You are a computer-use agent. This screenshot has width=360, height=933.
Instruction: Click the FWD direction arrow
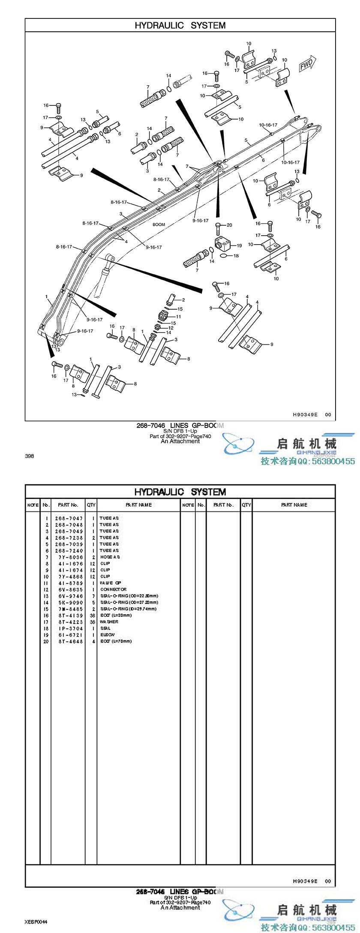[x=307, y=65]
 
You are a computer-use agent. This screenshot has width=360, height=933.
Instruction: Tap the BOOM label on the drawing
[x=159, y=224]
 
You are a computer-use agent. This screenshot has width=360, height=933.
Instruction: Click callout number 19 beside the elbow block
[x=239, y=246]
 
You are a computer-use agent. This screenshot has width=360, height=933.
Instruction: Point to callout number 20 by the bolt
[x=229, y=225]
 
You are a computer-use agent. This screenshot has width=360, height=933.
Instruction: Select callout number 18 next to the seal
[x=236, y=256]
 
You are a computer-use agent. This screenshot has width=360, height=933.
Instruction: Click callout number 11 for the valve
[x=178, y=317]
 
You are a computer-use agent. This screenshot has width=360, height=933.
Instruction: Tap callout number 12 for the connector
[x=171, y=328]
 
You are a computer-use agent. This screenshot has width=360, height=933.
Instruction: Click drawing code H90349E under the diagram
[x=305, y=415]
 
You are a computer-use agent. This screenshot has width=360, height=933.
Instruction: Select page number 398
[x=29, y=456]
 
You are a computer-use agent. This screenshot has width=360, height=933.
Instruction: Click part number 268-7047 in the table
[x=69, y=518]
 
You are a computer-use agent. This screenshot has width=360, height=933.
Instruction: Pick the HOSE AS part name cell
[x=110, y=557]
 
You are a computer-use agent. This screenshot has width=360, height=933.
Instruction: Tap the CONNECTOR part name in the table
[x=113, y=589]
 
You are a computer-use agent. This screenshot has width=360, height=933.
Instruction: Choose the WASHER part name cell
[x=109, y=622]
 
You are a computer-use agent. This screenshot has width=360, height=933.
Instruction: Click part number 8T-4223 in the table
[x=69, y=622]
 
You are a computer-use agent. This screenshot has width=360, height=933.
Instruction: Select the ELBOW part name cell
[x=107, y=635]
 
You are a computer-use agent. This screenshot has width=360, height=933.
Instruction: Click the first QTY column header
[x=91, y=505]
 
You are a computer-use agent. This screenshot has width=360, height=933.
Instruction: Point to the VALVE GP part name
[x=111, y=583]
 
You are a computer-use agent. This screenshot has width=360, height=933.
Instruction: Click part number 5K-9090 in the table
[x=69, y=602]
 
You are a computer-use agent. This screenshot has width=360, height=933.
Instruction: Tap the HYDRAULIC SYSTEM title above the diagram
[x=180, y=25]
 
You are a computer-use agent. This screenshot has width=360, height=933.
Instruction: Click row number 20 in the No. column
[x=46, y=641]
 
